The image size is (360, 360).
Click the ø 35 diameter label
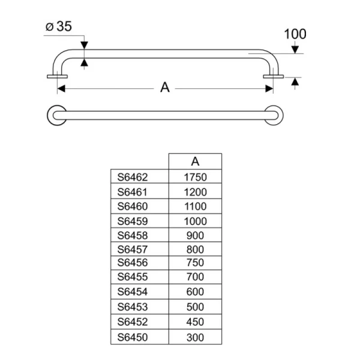tap(59, 26)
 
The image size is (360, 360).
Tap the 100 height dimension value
tap(295, 34)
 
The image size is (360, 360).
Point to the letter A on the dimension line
tap(165, 88)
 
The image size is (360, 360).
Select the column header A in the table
tap(195, 161)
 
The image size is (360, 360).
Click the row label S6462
tap(133, 177)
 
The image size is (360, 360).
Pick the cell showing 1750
tap(195, 177)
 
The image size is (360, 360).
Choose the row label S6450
tap(133, 337)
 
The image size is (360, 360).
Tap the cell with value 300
tap(195, 337)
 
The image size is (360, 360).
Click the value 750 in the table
tap(195, 263)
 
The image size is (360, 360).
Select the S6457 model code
tap(133, 249)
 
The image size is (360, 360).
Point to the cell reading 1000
tap(195, 220)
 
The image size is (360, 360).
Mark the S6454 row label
tap(133, 292)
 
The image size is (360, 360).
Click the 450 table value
tap(195, 322)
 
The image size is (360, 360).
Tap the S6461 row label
tap(133, 192)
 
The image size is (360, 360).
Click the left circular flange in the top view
tap(57, 115)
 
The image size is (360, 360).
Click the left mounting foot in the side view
tap(58, 76)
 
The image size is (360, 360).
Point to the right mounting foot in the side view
tap(274, 76)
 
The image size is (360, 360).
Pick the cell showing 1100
tap(195, 206)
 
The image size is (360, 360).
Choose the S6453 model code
tap(133, 307)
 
